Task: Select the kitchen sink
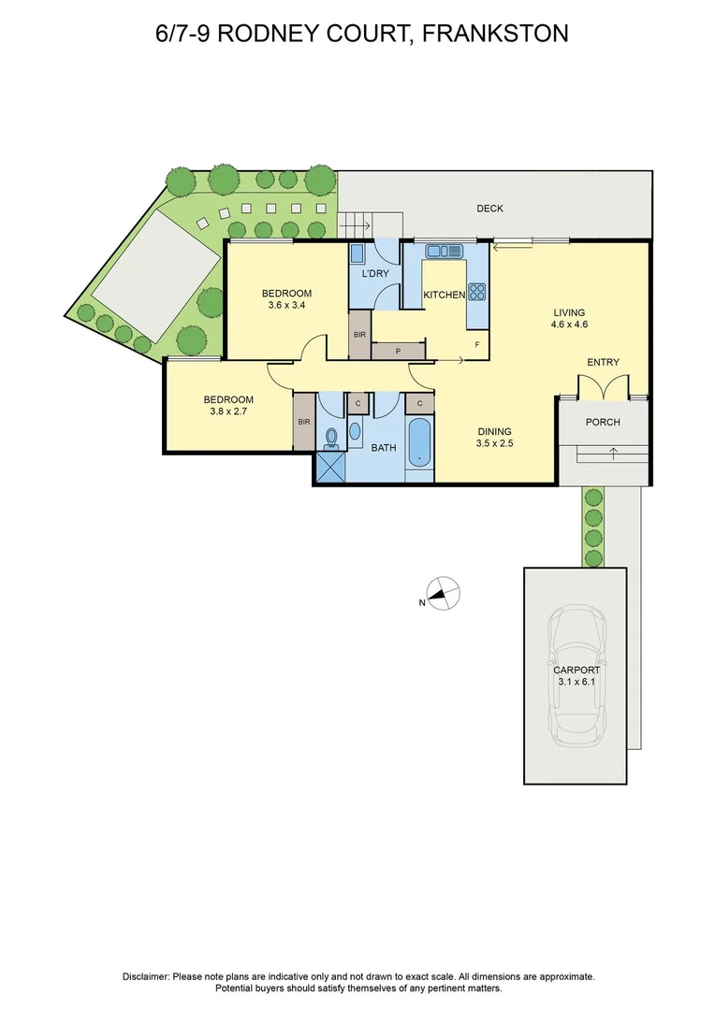pyautogui.click(x=444, y=251)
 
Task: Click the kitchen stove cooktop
pyautogui.click(x=477, y=291)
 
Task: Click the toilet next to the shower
pyautogui.click(x=331, y=438)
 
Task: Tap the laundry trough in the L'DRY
pyautogui.click(x=357, y=253)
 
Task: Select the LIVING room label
pyautogui.click(x=569, y=312)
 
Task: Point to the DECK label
pyautogui.click(x=489, y=209)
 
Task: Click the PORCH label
pyautogui.click(x=603, y=422)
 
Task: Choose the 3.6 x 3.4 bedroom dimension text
pyautogui.click(x=286, y=306)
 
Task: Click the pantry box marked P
pyautogui.click(x=399, y=352)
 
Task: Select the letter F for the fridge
pyautogui.click(x=477, y=345)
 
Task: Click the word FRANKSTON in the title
pyautogui.click(x=496, y=35)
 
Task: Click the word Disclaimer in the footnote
pyautogui.click(x=146, y=976)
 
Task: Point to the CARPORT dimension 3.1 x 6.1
pyautogui.click(x=576, y=684)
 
